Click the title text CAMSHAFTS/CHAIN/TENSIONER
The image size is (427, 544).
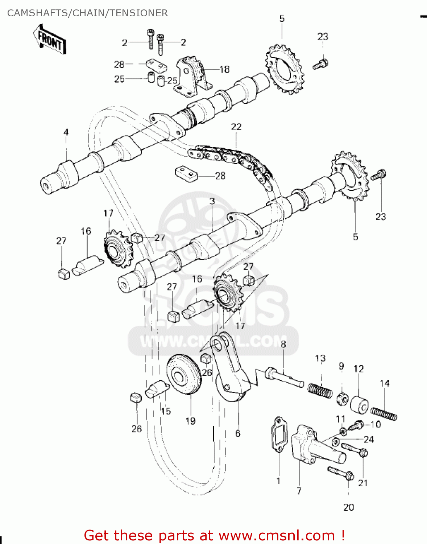coord(87,13)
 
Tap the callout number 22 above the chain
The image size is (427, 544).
coord(236,127)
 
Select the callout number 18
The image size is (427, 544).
coord(224,69)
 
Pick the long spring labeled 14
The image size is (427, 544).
coord(384,413)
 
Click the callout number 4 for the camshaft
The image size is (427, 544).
coord(66,132)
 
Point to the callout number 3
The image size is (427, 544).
coord(212,201)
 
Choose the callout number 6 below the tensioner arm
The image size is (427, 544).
coord(238,433)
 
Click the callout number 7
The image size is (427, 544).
coord(299,491)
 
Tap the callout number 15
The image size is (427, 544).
coord(166,411)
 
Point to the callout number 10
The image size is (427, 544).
coord(376,424)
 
